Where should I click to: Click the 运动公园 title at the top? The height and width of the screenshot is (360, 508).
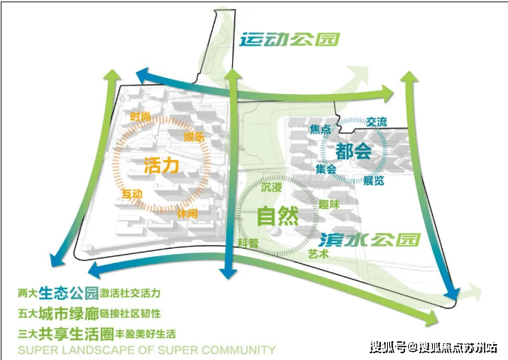pos(289,39)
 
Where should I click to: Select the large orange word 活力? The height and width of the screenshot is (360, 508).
pos(161,165)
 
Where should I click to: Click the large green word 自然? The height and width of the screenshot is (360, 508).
pos(277,216)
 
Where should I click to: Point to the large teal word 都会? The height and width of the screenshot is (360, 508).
pos(353,150)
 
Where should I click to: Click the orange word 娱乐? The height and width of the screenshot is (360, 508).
pos(195,136)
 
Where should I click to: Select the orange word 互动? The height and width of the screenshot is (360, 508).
pos(133,195)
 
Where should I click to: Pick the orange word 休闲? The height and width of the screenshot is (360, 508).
pos(188,213)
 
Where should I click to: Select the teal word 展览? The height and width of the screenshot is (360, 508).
pos(373,180)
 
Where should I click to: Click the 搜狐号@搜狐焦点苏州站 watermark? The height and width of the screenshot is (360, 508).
pos(432,346)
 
